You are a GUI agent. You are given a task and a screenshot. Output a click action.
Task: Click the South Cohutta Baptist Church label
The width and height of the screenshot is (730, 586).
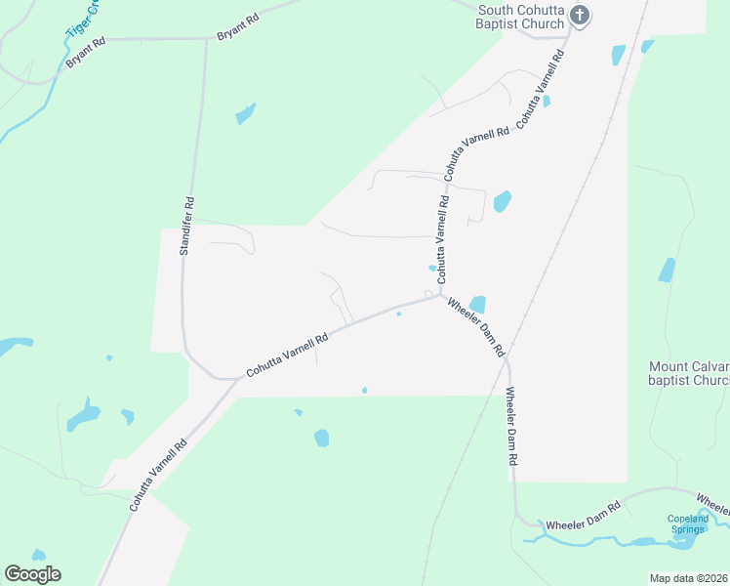point(520,17)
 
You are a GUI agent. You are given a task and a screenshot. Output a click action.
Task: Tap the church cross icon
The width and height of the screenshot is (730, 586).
point(580,16)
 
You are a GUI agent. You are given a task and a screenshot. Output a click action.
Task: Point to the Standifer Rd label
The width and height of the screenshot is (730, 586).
point(186,226)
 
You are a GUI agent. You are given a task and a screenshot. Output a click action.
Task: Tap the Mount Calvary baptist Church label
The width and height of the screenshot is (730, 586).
point(689,373)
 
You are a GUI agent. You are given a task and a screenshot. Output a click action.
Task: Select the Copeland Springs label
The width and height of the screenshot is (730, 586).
point(686,523)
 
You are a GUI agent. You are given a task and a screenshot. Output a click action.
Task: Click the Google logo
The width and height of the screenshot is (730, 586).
point(32,574)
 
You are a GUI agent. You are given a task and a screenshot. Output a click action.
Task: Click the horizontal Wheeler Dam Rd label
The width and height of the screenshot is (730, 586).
point(583,517)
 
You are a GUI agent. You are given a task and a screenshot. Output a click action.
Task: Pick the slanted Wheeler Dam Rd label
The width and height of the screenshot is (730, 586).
point(475,326)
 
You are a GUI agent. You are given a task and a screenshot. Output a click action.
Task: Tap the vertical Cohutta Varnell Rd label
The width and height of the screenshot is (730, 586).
point(442,233)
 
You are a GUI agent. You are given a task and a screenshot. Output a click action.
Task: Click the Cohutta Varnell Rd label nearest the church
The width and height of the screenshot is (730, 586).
point(542,90)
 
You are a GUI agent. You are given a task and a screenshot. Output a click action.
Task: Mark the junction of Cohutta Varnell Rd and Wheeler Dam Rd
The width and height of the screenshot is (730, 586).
point(443,296)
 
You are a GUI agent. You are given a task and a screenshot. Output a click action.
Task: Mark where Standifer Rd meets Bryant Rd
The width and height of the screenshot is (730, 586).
point(206,40)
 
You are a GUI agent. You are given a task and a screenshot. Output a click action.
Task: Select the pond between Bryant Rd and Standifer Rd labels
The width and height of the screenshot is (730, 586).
point(245,113)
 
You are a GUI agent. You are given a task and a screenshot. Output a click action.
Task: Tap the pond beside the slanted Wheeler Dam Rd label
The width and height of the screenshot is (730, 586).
point(477,305)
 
